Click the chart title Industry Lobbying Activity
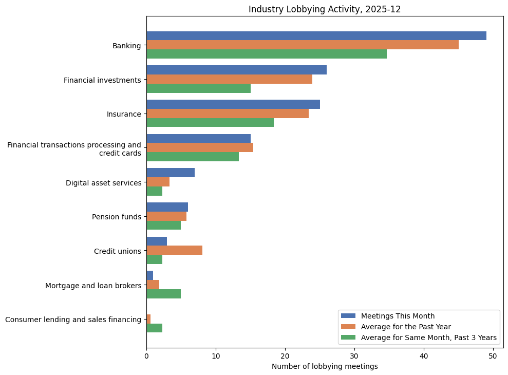tap(325, 9)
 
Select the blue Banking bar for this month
tap(316, 35)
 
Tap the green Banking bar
tap(266, 54)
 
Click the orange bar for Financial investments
tap(229, 79)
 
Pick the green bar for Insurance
tap(210, 122)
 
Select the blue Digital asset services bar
tap(170, 173)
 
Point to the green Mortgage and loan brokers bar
tap(163, 294)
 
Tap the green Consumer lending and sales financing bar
tap(154, 328)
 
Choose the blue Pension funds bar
tap(167, 207)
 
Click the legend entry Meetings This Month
tap(398, 316)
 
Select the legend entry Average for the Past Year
tap(406, 327)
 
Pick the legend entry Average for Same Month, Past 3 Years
tap(428, 338)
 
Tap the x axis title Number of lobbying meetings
tap(325, 366)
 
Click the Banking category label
tap(126, 46)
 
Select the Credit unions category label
tap(117, 251)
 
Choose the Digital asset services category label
tap(103, 183)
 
